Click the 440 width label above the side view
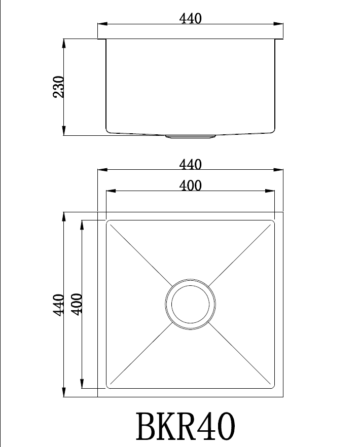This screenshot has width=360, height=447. click(190, 19)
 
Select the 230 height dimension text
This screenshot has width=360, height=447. click(59, 87)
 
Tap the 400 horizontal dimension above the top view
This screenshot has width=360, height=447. click(190, 186)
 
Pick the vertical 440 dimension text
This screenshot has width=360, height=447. click(59, 305)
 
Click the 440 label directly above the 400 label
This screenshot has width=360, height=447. click(190, 165)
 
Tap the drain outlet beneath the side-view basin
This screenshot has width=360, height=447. click(190, 136)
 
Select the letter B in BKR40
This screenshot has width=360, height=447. click(147, 427)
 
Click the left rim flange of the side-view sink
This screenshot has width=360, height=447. click(101, 39)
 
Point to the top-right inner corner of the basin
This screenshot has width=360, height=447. click(273, 221)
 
